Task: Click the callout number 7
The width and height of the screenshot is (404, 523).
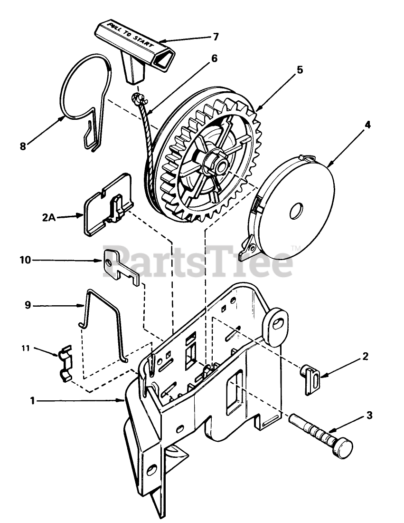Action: (216, 36)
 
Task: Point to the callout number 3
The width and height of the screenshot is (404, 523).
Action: (369, 416)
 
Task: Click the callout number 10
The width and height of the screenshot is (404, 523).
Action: (25, 260)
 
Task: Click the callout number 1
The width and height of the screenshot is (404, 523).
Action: (33, 401)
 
